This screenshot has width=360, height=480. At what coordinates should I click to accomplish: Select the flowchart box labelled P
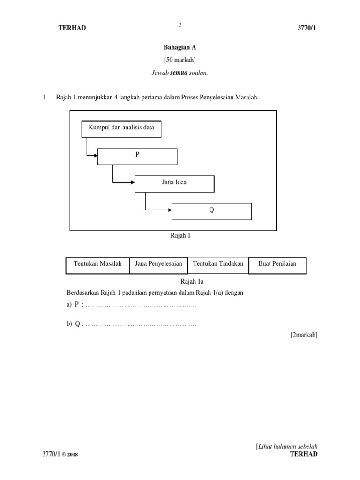click(x=137, y=157)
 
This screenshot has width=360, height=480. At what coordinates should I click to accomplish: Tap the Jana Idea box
click(x=174, y=184)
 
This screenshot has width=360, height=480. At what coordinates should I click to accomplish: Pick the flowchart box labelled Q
click(x=211, y=211)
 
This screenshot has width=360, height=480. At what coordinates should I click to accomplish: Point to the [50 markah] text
click(x=180, y=60)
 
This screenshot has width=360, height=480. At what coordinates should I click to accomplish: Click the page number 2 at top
click(x=180, y=25)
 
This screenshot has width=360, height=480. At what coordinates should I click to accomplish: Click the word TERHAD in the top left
click(x=72, y=28)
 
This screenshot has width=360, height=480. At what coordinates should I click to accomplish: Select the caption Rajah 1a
click(x=192, y=281)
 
